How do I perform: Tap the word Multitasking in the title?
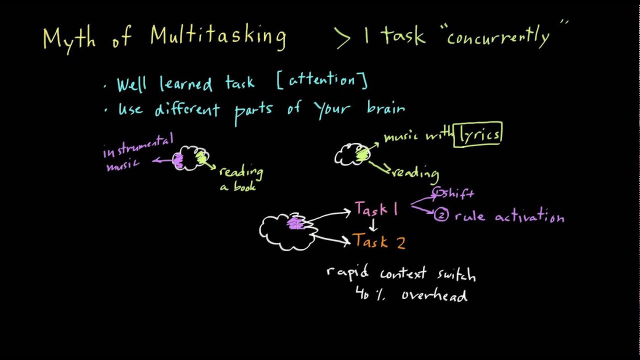point(218,36)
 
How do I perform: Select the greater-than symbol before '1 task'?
point(343,37)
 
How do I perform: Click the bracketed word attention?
point(322,80)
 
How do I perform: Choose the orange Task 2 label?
point(379,242)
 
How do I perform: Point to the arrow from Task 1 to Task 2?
point(372,225)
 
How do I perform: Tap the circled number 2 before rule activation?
point(441,215)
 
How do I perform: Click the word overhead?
point(434,295)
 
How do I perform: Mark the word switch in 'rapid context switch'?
point(456,274)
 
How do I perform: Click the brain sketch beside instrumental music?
point(190,158)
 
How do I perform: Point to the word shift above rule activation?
point(456,193)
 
